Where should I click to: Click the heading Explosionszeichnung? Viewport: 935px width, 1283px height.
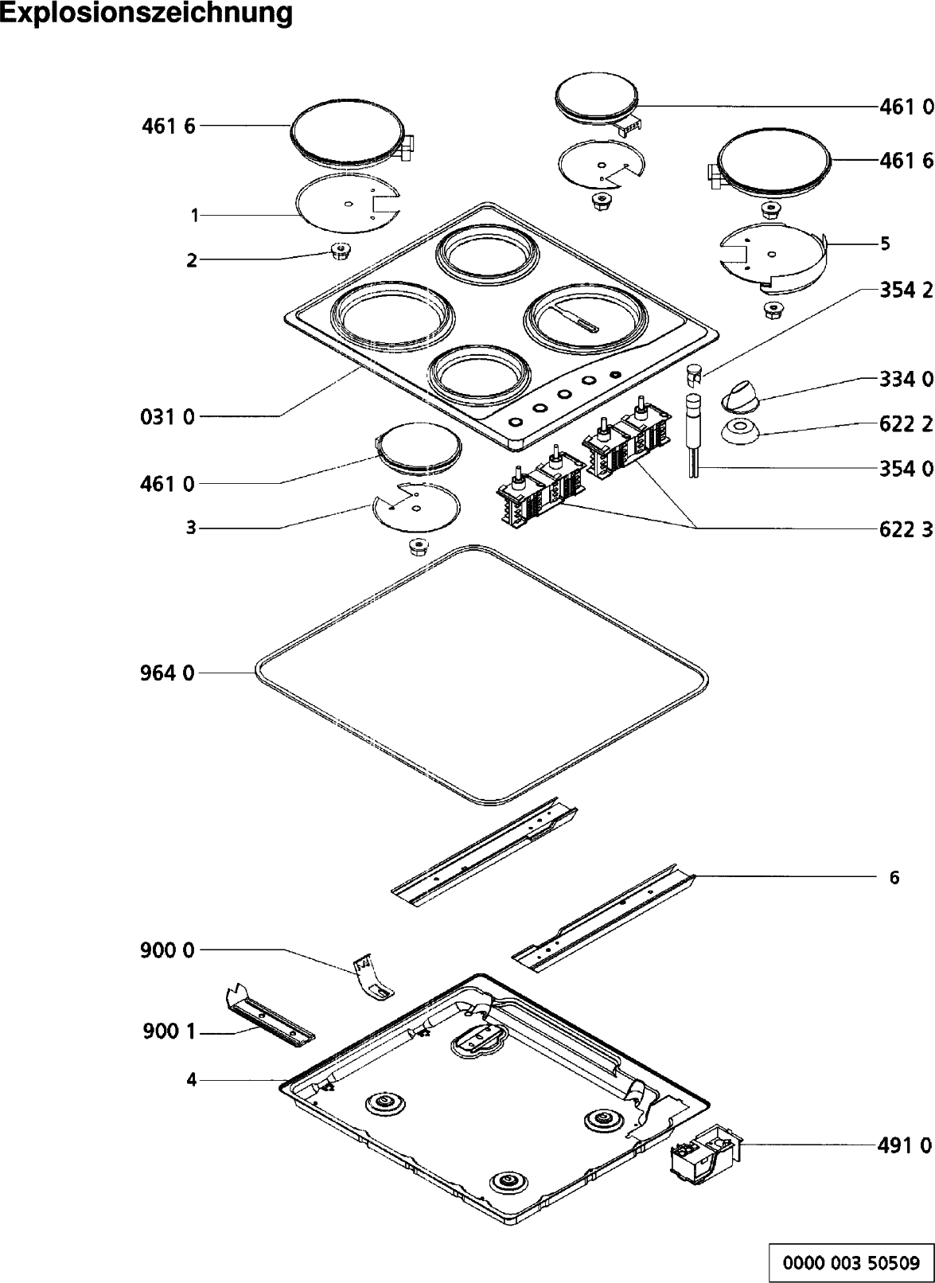click(x=146, y=14)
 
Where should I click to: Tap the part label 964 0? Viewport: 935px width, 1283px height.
click(x=167, y=673)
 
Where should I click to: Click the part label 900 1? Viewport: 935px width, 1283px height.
click(x=167, y=1034)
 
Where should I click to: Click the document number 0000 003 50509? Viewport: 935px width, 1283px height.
click(x=851, y=1262)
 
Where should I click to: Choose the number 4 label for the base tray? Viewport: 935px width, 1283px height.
click(x=191, y=1080)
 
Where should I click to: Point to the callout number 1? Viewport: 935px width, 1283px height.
click(x=193, y=215)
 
